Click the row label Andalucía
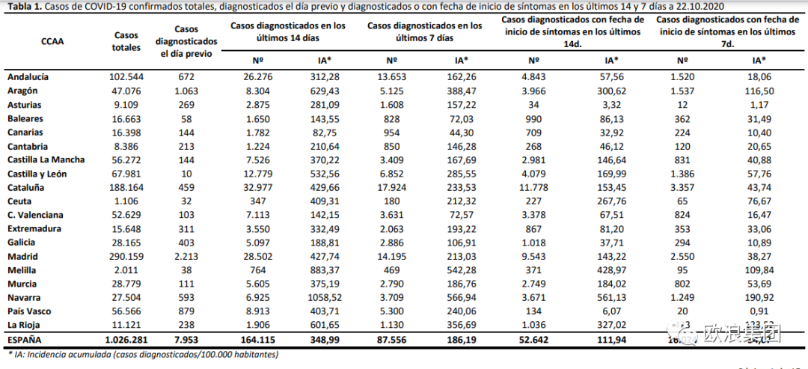(28, 77)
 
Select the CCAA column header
(52, 42)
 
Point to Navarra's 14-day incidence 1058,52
(325, 297)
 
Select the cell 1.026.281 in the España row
(120, 339)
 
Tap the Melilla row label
(22, 269)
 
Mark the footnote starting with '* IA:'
(142, 355)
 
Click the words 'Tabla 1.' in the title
(22, 7)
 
